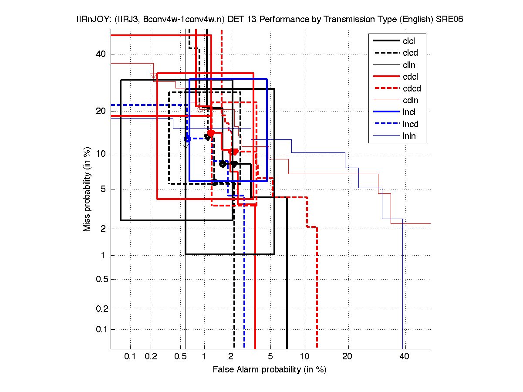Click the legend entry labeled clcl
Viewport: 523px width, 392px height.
pos(408,41)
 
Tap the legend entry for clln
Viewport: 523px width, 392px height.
pos(409,65)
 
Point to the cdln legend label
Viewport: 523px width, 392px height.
pos(410,101)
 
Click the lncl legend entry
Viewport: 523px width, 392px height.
pos(409,112)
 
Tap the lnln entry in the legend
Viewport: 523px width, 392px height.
pos(409,136)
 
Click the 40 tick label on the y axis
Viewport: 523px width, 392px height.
pos(101,54)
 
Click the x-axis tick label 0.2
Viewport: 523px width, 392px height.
pos(151,357)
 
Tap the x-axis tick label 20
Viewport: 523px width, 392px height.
pos(347,357)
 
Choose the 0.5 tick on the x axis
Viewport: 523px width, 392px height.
pos(180,357)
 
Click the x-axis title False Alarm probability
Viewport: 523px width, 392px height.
pos(270,370)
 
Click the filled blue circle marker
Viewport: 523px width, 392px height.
pos(187,139)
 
